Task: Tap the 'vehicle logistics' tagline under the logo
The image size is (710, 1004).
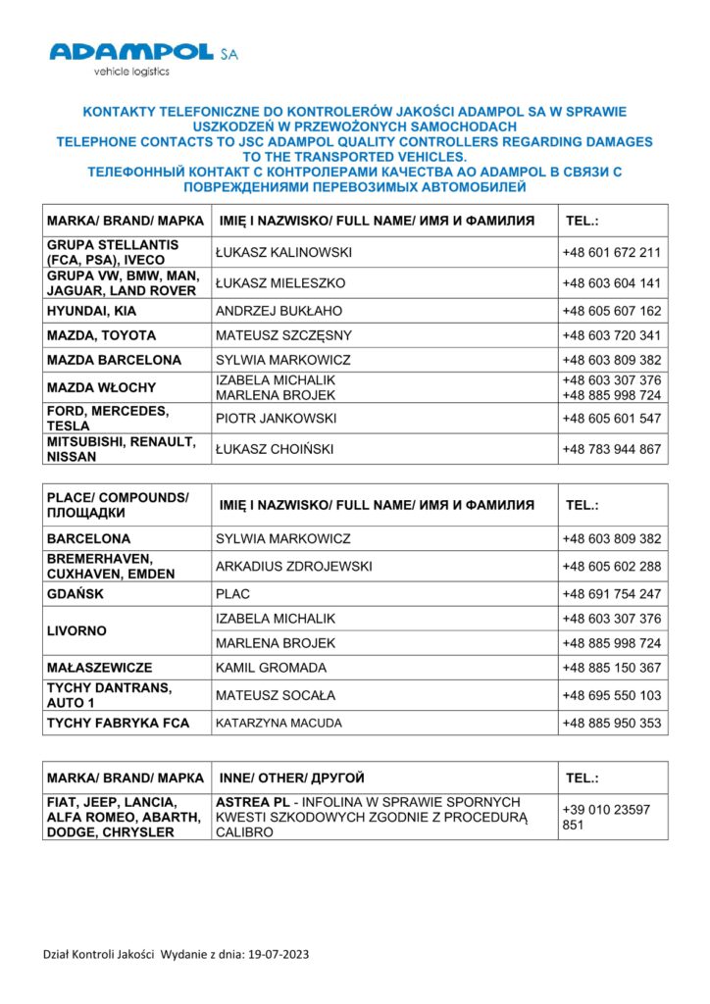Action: pos(131,72)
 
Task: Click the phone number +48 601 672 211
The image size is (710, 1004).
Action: pos(611,252)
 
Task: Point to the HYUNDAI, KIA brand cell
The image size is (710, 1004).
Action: pos(93,311)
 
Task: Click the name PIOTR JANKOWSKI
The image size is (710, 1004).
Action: pos(276,419)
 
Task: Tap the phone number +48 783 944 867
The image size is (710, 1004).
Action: pos(611,450)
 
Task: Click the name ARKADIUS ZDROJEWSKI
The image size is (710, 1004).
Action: pos(294,567)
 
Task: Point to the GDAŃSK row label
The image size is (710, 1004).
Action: pos(75,594)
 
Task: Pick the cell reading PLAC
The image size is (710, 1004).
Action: pos(232,594)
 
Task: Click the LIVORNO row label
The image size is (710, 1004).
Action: pos(76,630)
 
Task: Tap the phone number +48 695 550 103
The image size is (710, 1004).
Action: pos(611,695)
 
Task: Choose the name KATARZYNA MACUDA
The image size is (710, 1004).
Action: pos(279,724)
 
